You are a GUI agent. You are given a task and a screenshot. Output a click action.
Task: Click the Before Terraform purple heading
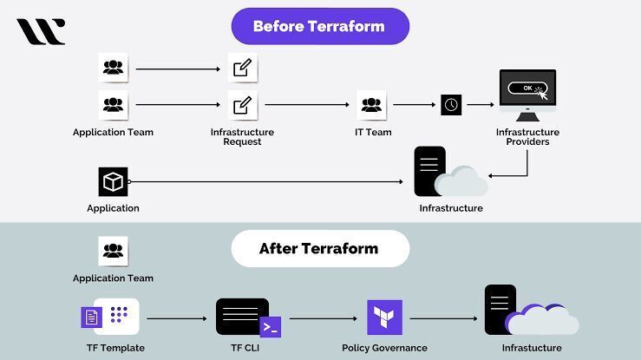point(320,26)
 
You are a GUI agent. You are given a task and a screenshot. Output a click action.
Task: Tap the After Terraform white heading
point(319,249)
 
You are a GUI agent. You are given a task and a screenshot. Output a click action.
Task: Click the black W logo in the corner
point(40,32)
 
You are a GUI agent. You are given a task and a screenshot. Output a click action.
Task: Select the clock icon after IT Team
point(451,104)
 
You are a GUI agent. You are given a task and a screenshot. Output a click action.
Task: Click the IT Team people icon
point(371,104)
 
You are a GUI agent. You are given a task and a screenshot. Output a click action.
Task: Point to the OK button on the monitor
point(527,88)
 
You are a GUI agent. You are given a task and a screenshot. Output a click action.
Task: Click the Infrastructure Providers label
point(527,137)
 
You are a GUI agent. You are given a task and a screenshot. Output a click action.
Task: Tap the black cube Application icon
point(113,182)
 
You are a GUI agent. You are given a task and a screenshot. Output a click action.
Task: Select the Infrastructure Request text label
point(242,137)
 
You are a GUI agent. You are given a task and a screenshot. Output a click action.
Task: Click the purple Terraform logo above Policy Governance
point(384,317)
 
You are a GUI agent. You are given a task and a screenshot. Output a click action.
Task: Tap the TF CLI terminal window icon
point(243,316)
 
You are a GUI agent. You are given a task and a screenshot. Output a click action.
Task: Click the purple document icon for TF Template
point(91,317)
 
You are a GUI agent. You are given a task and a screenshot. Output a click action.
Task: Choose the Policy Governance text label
point(384,348)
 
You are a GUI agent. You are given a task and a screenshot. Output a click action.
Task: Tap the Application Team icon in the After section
point(113,252)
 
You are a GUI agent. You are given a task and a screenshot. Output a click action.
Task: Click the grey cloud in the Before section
point(461,183)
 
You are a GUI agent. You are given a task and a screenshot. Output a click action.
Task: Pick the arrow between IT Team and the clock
point(414,104)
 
